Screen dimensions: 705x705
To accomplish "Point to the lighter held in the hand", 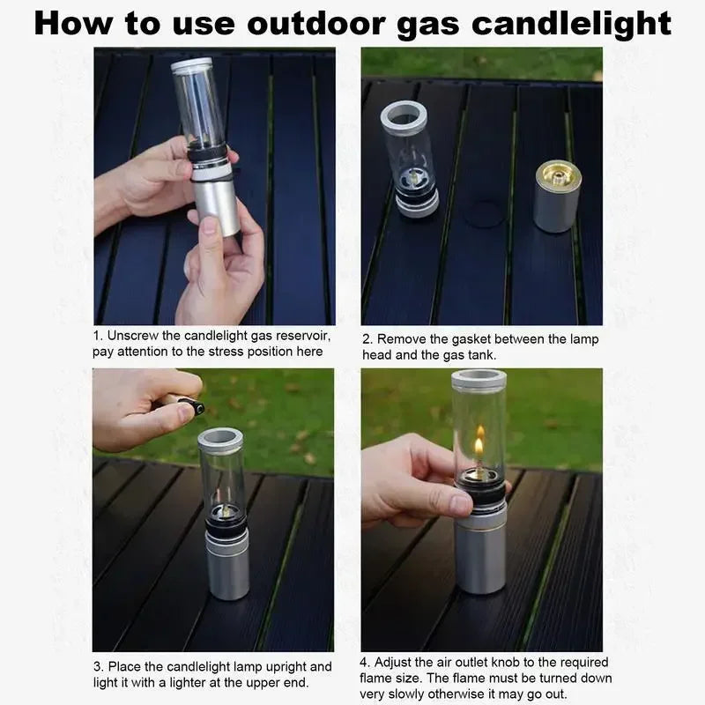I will pos(184,404).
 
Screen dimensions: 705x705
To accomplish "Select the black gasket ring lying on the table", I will pos(483,213).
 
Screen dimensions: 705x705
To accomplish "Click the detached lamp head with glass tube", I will pos(410,159).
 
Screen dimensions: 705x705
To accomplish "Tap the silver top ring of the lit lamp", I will pos(479,380).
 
